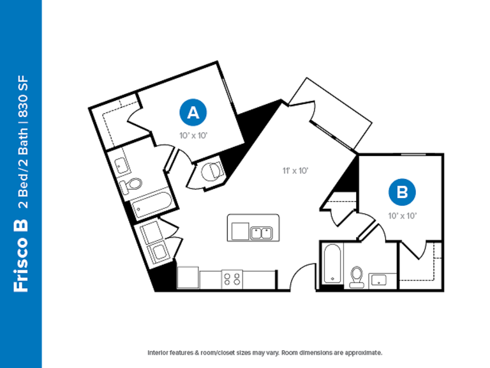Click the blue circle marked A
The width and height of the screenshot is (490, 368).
click(193, 112)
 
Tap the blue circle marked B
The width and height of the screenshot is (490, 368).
click(402, 192)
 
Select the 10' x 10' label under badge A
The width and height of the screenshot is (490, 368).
click(193, 135)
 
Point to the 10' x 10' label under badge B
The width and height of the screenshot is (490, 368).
click(403, 215)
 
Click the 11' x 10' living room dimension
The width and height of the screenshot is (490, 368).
click(295, 171)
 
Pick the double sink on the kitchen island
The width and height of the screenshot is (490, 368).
click(261, 233)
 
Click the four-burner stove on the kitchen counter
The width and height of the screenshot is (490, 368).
click(232, 279)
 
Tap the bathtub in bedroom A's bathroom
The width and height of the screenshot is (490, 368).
click(151, 204)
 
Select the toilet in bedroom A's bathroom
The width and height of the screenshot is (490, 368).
click(131, 185)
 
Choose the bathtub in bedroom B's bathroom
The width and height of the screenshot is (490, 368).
click(332, 264)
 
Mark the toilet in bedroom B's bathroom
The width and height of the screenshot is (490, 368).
click(357, 277)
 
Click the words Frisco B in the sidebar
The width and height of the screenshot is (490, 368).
click(20, 256)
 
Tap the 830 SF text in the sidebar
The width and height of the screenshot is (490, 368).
click(23, 96)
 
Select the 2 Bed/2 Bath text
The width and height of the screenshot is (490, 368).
click(23, 168)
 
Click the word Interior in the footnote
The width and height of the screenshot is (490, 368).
click(158, 353)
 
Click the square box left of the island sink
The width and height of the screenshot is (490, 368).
click(240, 231)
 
